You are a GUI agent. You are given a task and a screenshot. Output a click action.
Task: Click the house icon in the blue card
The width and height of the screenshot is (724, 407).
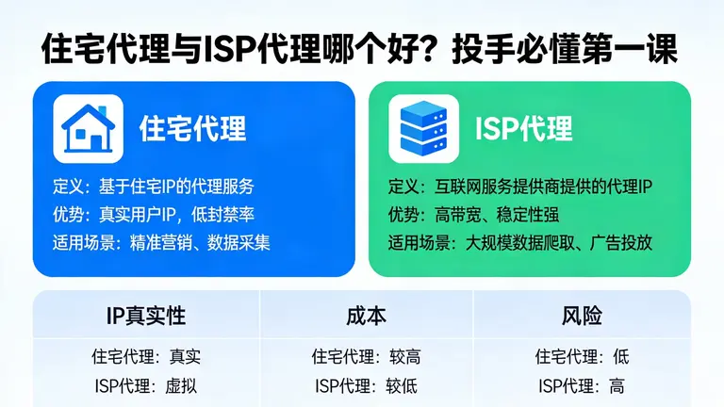tap(88, 128)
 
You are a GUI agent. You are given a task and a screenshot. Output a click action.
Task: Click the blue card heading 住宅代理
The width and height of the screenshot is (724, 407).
tap(192, 128)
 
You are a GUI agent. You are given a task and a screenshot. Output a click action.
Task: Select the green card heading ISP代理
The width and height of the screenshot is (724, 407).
tap(523, 129)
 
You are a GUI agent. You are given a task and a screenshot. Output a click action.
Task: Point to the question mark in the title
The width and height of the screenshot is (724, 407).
tap(436, 49)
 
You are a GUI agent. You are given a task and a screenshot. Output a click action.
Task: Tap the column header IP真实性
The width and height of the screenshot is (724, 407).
tap(146, 317)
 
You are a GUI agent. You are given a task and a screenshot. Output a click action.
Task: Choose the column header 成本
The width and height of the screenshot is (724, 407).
tap(367, 317)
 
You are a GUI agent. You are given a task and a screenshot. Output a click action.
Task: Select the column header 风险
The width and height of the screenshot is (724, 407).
tap(582, 317)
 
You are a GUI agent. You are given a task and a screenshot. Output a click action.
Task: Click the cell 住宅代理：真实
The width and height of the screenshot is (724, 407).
tap(146, 357)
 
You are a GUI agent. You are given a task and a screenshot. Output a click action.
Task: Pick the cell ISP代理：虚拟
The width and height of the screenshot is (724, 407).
tap(146, 385)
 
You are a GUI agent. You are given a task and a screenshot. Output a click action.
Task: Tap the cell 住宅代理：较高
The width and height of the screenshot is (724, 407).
tap(367, 357)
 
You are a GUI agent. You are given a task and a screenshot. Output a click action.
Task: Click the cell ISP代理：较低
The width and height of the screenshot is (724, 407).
tap(367, 385)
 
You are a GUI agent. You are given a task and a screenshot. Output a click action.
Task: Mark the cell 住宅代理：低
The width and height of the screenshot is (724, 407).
tap(582, 357)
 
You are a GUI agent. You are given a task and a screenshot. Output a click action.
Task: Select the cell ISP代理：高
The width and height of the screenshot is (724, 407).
tap(582, 385)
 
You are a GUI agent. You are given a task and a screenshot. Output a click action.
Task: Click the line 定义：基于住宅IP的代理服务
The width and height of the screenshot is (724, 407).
tap(154, 187)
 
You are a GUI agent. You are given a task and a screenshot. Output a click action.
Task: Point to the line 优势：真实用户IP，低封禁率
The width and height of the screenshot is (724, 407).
tap(154, 214)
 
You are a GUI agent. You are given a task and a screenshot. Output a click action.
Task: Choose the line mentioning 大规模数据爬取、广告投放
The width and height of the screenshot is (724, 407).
tap(521, 242)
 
